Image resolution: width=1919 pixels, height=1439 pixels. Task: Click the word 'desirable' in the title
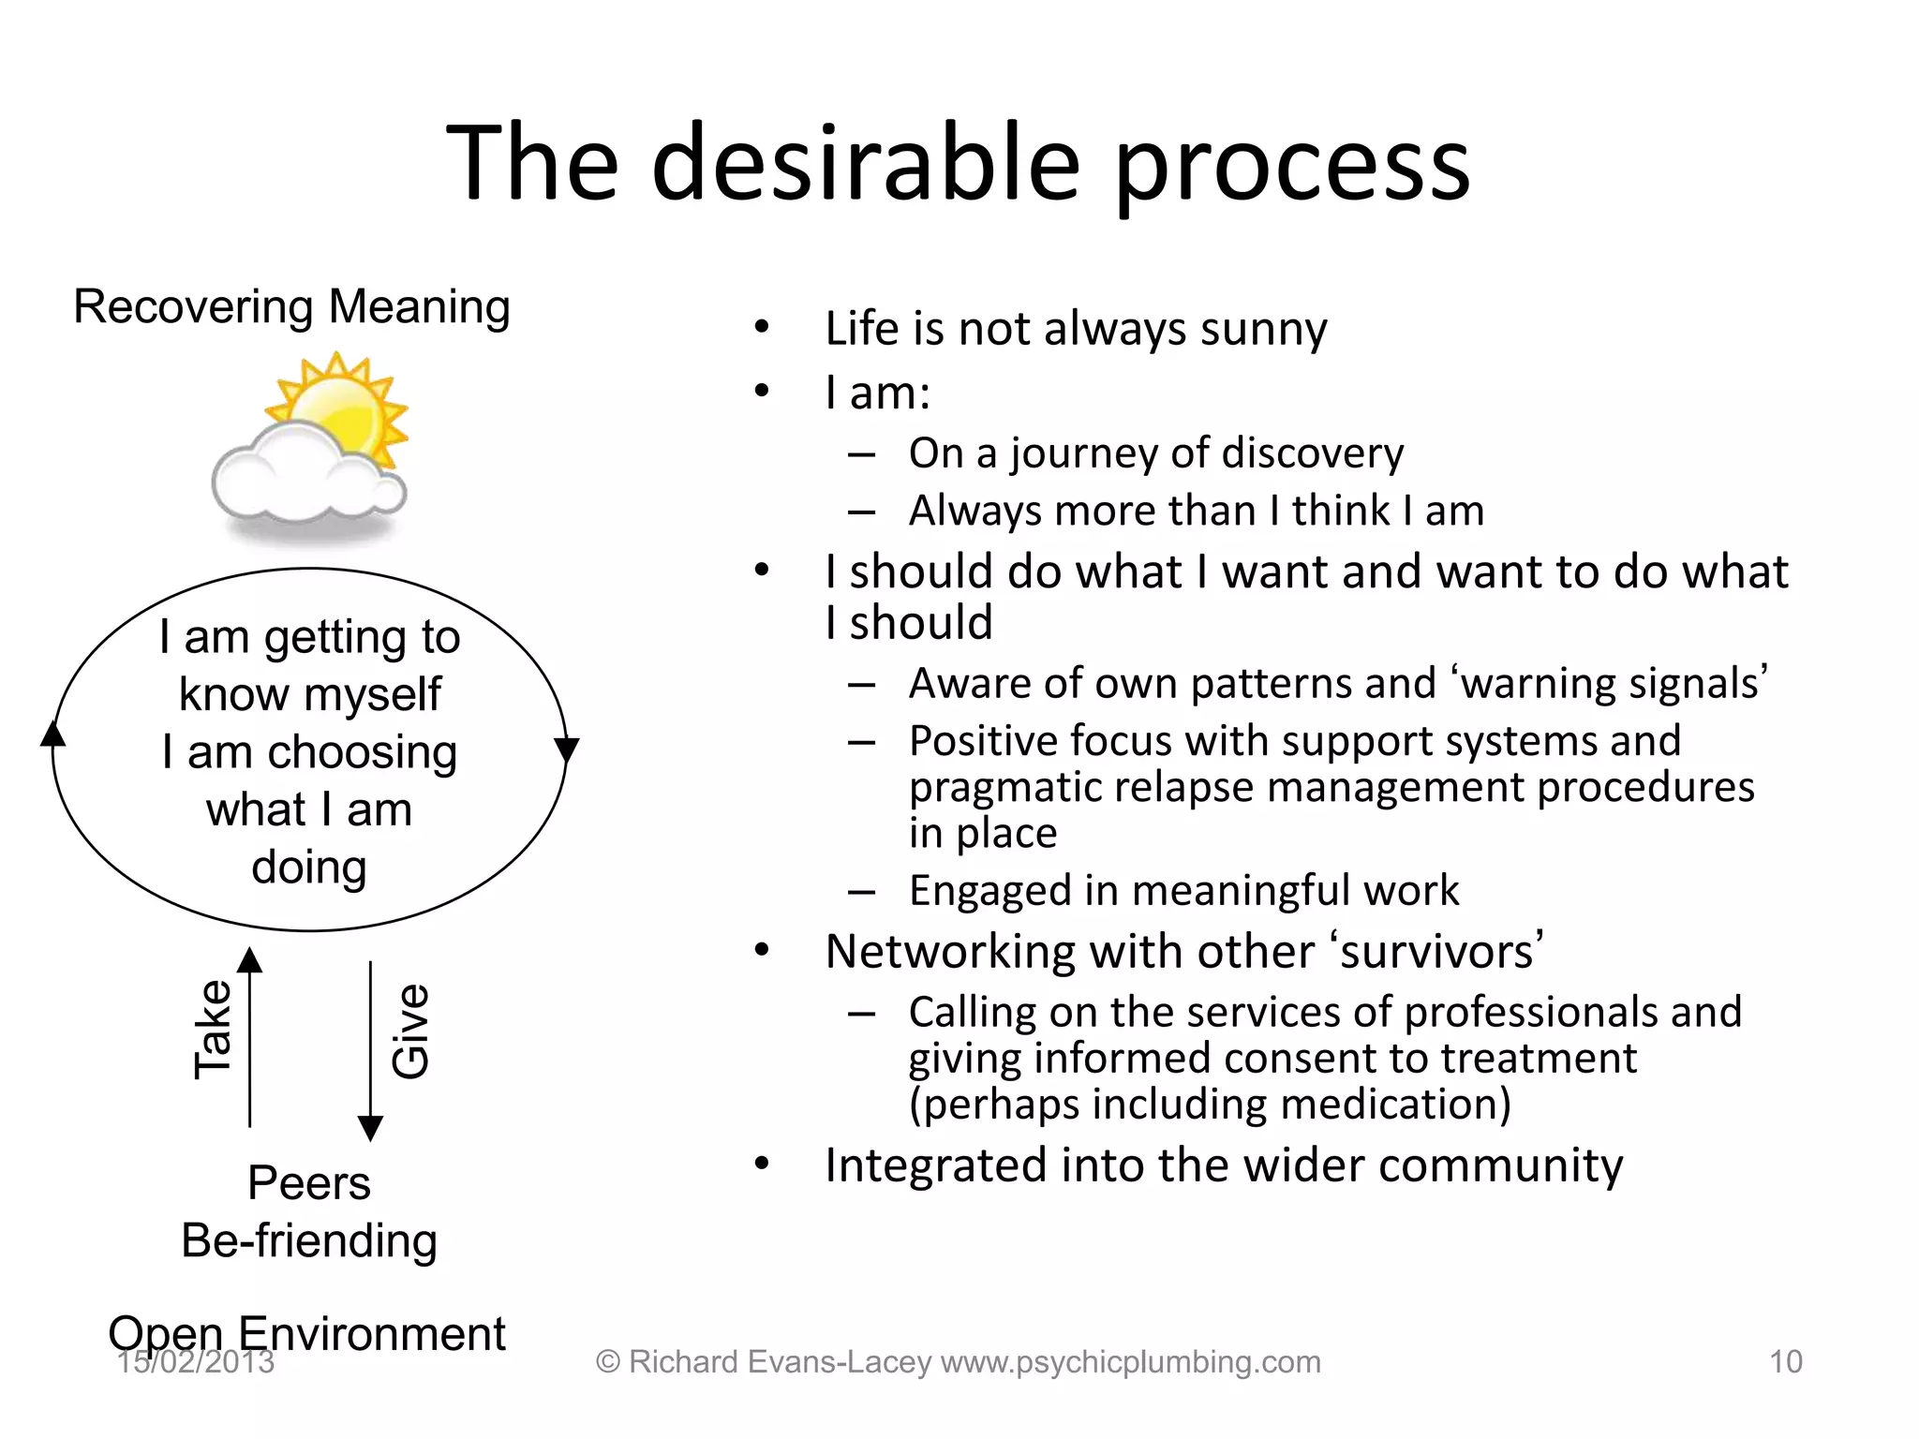(866, 164)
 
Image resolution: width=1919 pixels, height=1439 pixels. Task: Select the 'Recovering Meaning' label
(291, 307)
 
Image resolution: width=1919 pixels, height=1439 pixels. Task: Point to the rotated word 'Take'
(213, 1030)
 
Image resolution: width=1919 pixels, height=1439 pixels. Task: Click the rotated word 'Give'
(410, 1031)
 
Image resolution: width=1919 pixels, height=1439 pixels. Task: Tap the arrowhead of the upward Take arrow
(249, 960)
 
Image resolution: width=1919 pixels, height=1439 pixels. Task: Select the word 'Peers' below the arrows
(309, 1182)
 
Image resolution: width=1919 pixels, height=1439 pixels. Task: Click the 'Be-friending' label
(309, 1240)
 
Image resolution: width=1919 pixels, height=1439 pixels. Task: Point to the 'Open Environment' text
(306, 1333)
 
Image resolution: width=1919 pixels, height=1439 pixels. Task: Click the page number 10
(1785, 1361)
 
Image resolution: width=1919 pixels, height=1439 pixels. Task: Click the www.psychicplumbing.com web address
(1130, 1361)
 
